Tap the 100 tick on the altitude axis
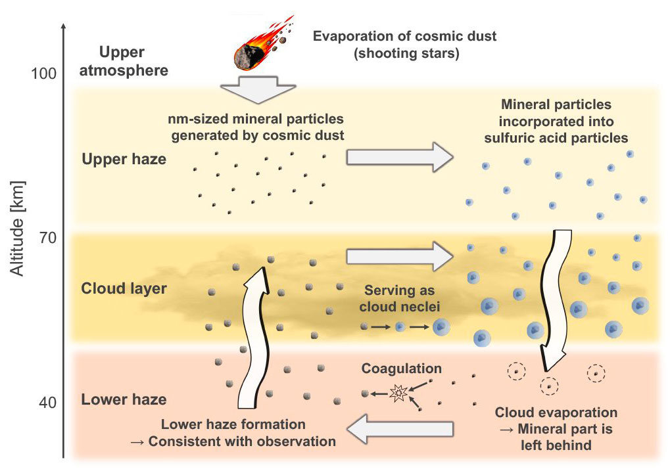coord(43,73)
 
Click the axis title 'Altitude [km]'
coord(18,227)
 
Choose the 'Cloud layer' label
coord(123,288)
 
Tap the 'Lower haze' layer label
coord(123,399)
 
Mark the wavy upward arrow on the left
coord(252,342)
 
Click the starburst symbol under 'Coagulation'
coord(398,393)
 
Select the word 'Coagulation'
coord(401,369)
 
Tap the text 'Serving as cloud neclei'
coord(401,298)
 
